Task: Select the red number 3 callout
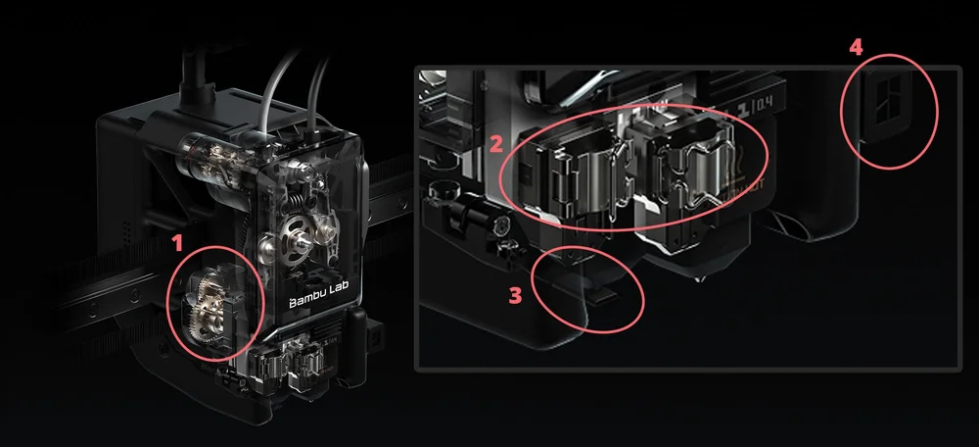(515, 295)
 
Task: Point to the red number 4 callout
(856, 46)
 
